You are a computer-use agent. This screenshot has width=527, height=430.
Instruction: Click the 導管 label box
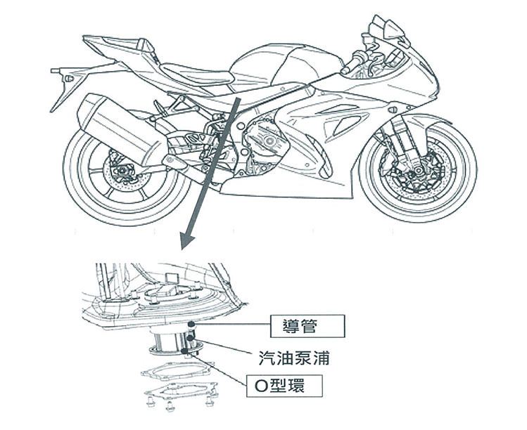[x=308, y=326]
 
